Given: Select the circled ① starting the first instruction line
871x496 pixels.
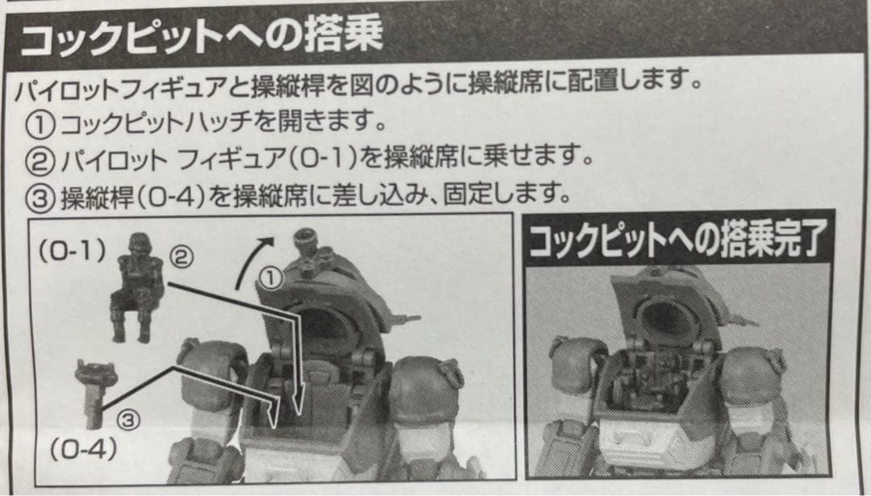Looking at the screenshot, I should pyautogui.click(x=40, y=124).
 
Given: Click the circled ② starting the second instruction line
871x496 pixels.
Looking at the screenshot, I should pyautogui.click(x=40, y=160).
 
